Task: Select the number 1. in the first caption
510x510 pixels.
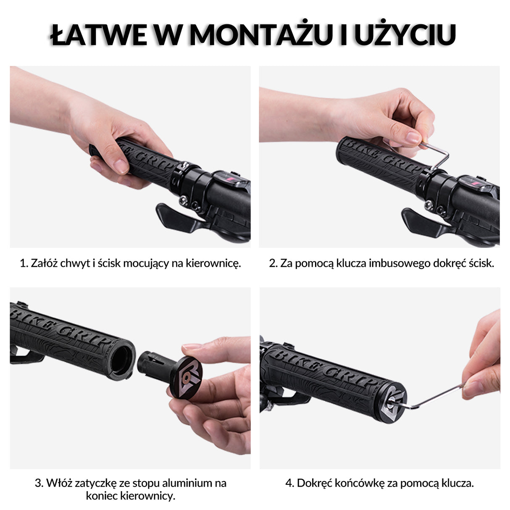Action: coord(24,264)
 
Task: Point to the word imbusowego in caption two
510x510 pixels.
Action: coord(394,264)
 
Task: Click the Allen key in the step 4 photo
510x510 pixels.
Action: coord(437,397)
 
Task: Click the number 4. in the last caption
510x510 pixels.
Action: coord(290,483)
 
